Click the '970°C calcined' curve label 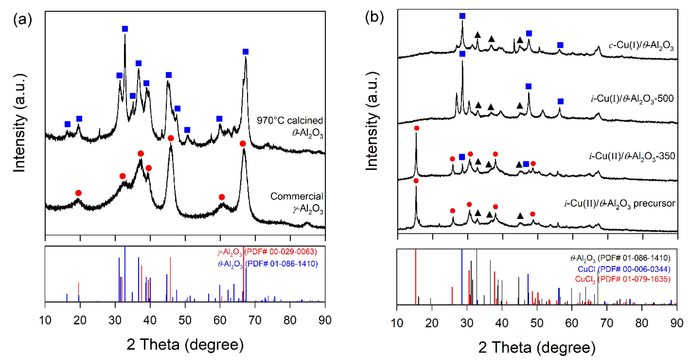point(290,121)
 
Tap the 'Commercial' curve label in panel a point(296,196)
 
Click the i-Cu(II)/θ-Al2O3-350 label point(632,156)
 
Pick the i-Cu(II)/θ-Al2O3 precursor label point(620,204)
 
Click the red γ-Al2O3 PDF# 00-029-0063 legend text point(267,252)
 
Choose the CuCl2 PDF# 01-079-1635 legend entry point(622,279)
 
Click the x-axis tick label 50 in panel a point(185,320)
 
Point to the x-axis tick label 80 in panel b point(641,323)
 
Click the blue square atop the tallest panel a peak point(125,29)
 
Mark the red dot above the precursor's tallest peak point(416,181)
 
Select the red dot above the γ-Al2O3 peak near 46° point(171,138)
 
